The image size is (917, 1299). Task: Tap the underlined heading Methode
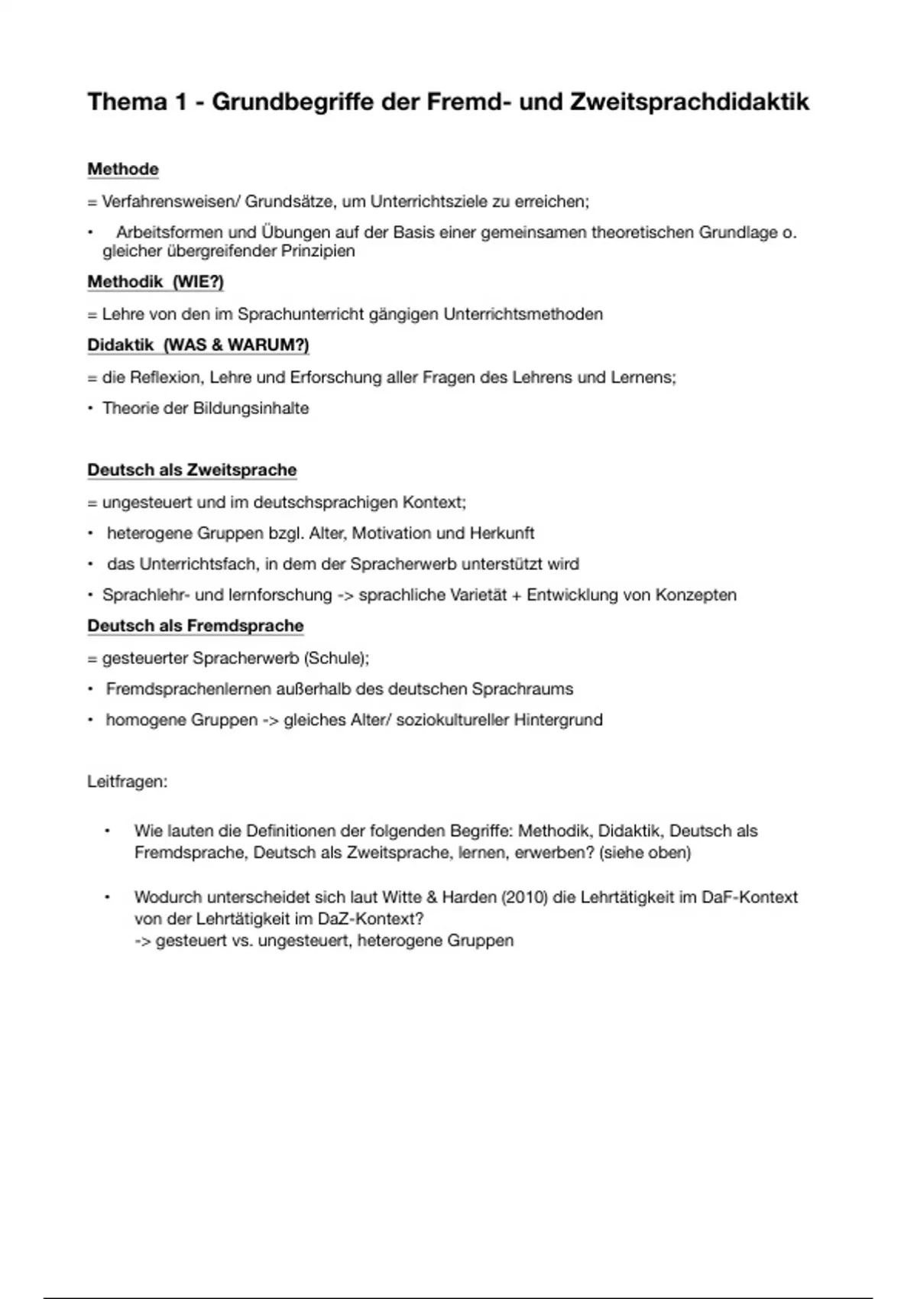(123, 170)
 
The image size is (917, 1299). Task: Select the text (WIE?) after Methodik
(198, 282)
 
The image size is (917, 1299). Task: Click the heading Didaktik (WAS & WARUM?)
(198, 345)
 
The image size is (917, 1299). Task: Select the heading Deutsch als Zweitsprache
(192, 470)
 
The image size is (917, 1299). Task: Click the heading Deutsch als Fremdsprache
(196, 626)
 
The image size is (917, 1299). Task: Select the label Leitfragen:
(128, 782)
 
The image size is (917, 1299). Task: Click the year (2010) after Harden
(524, 897)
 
